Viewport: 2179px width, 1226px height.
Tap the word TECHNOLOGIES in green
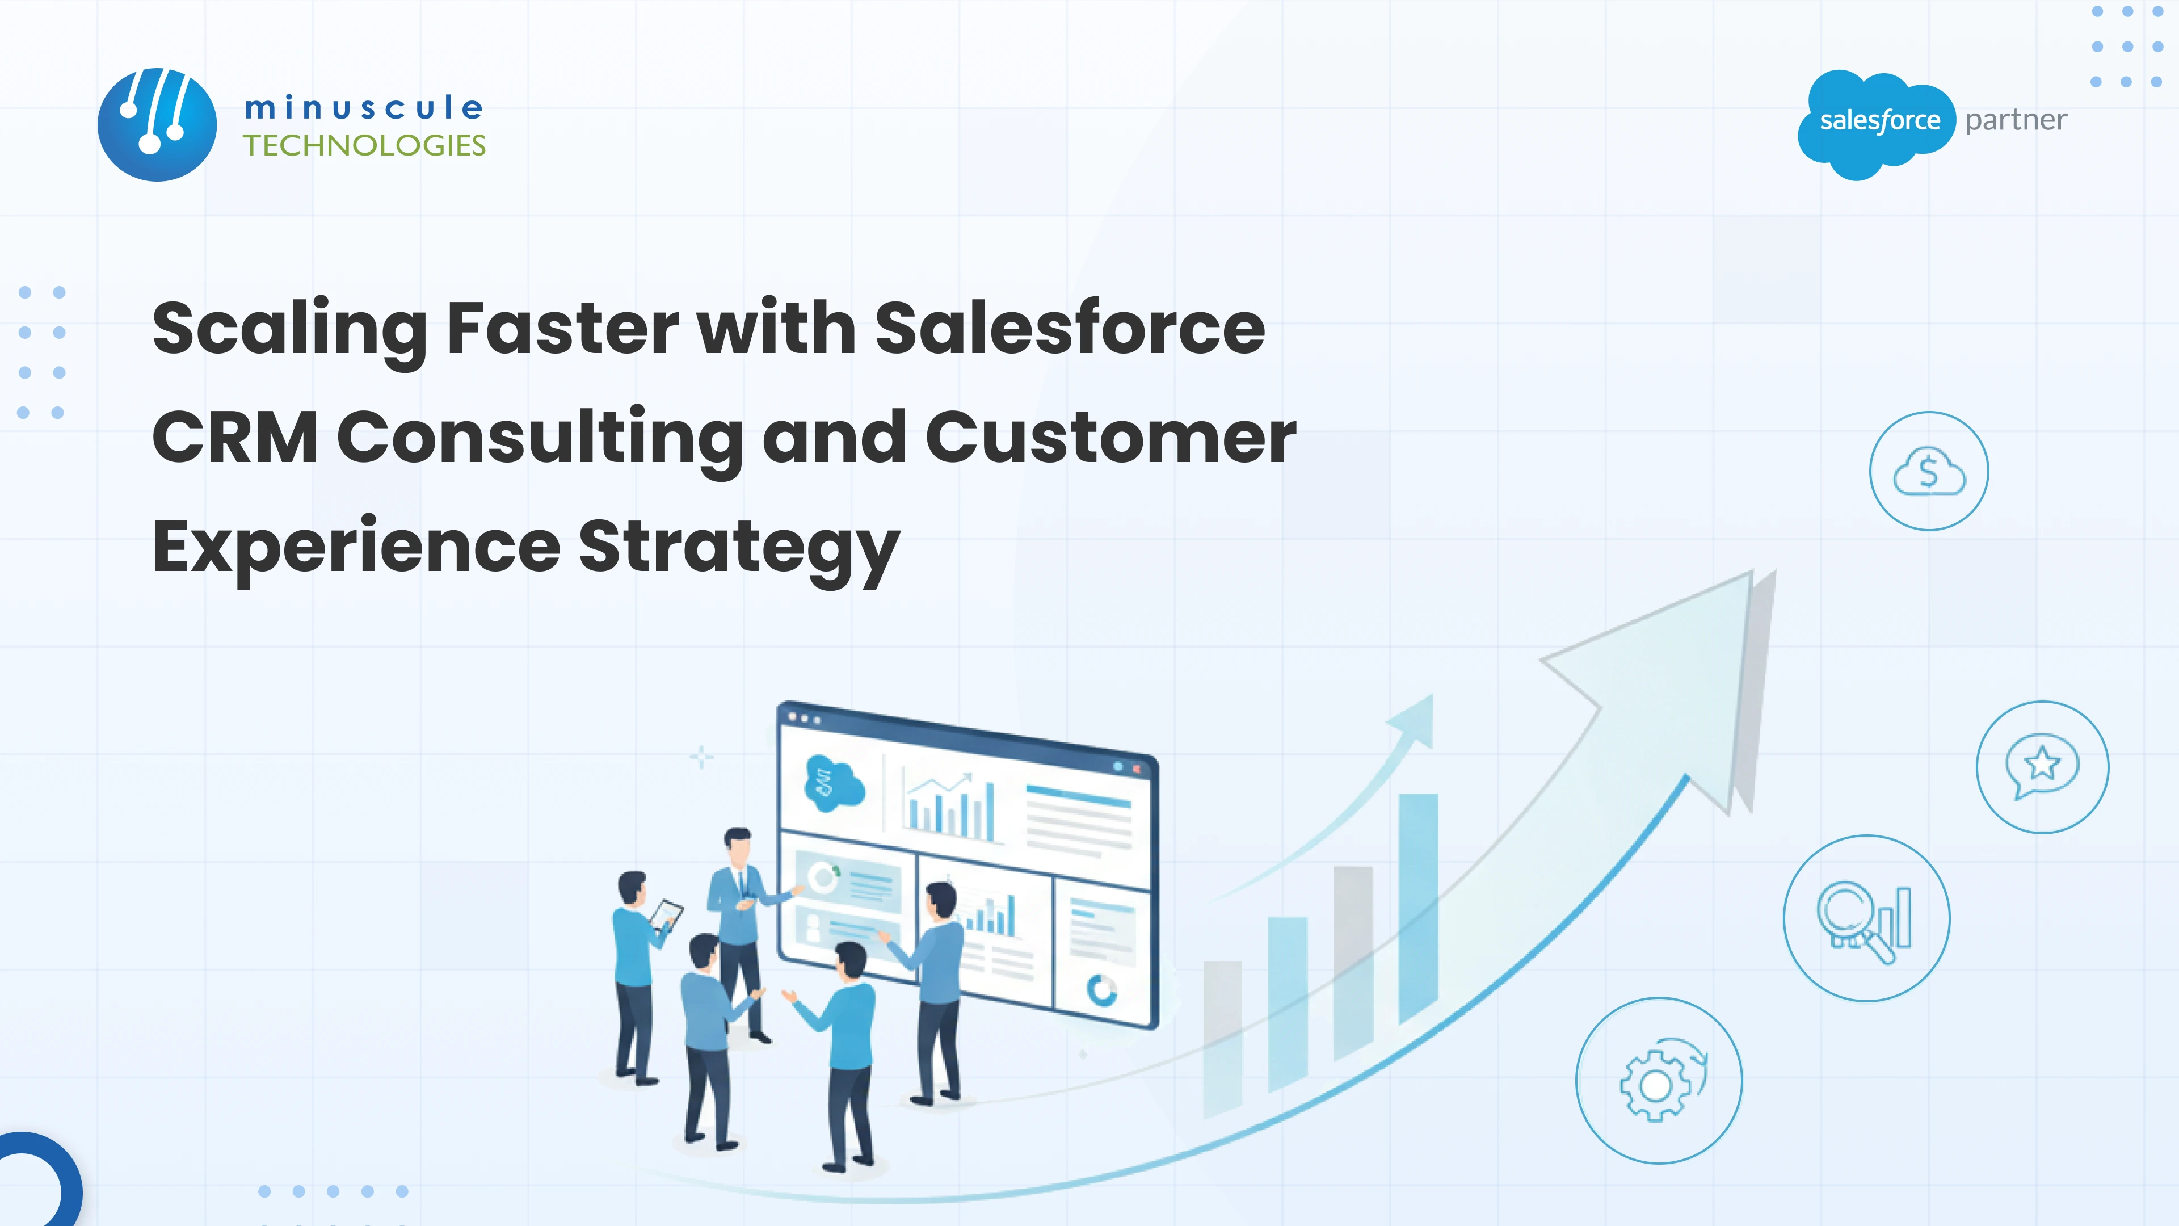pyautogui.click(x=364, y=145)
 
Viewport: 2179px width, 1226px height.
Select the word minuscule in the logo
pyautogui.click(x=364, y=107)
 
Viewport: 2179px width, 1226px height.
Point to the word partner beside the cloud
pyautogui.click(x=2016, y=120)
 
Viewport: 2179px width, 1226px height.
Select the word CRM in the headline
pyautogui.click(x=235, y=438)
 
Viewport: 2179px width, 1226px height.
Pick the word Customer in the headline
pyautogui.click(x=1110, y=438)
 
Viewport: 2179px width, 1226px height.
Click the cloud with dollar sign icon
pyautogui.click(x=1929, y=471)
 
